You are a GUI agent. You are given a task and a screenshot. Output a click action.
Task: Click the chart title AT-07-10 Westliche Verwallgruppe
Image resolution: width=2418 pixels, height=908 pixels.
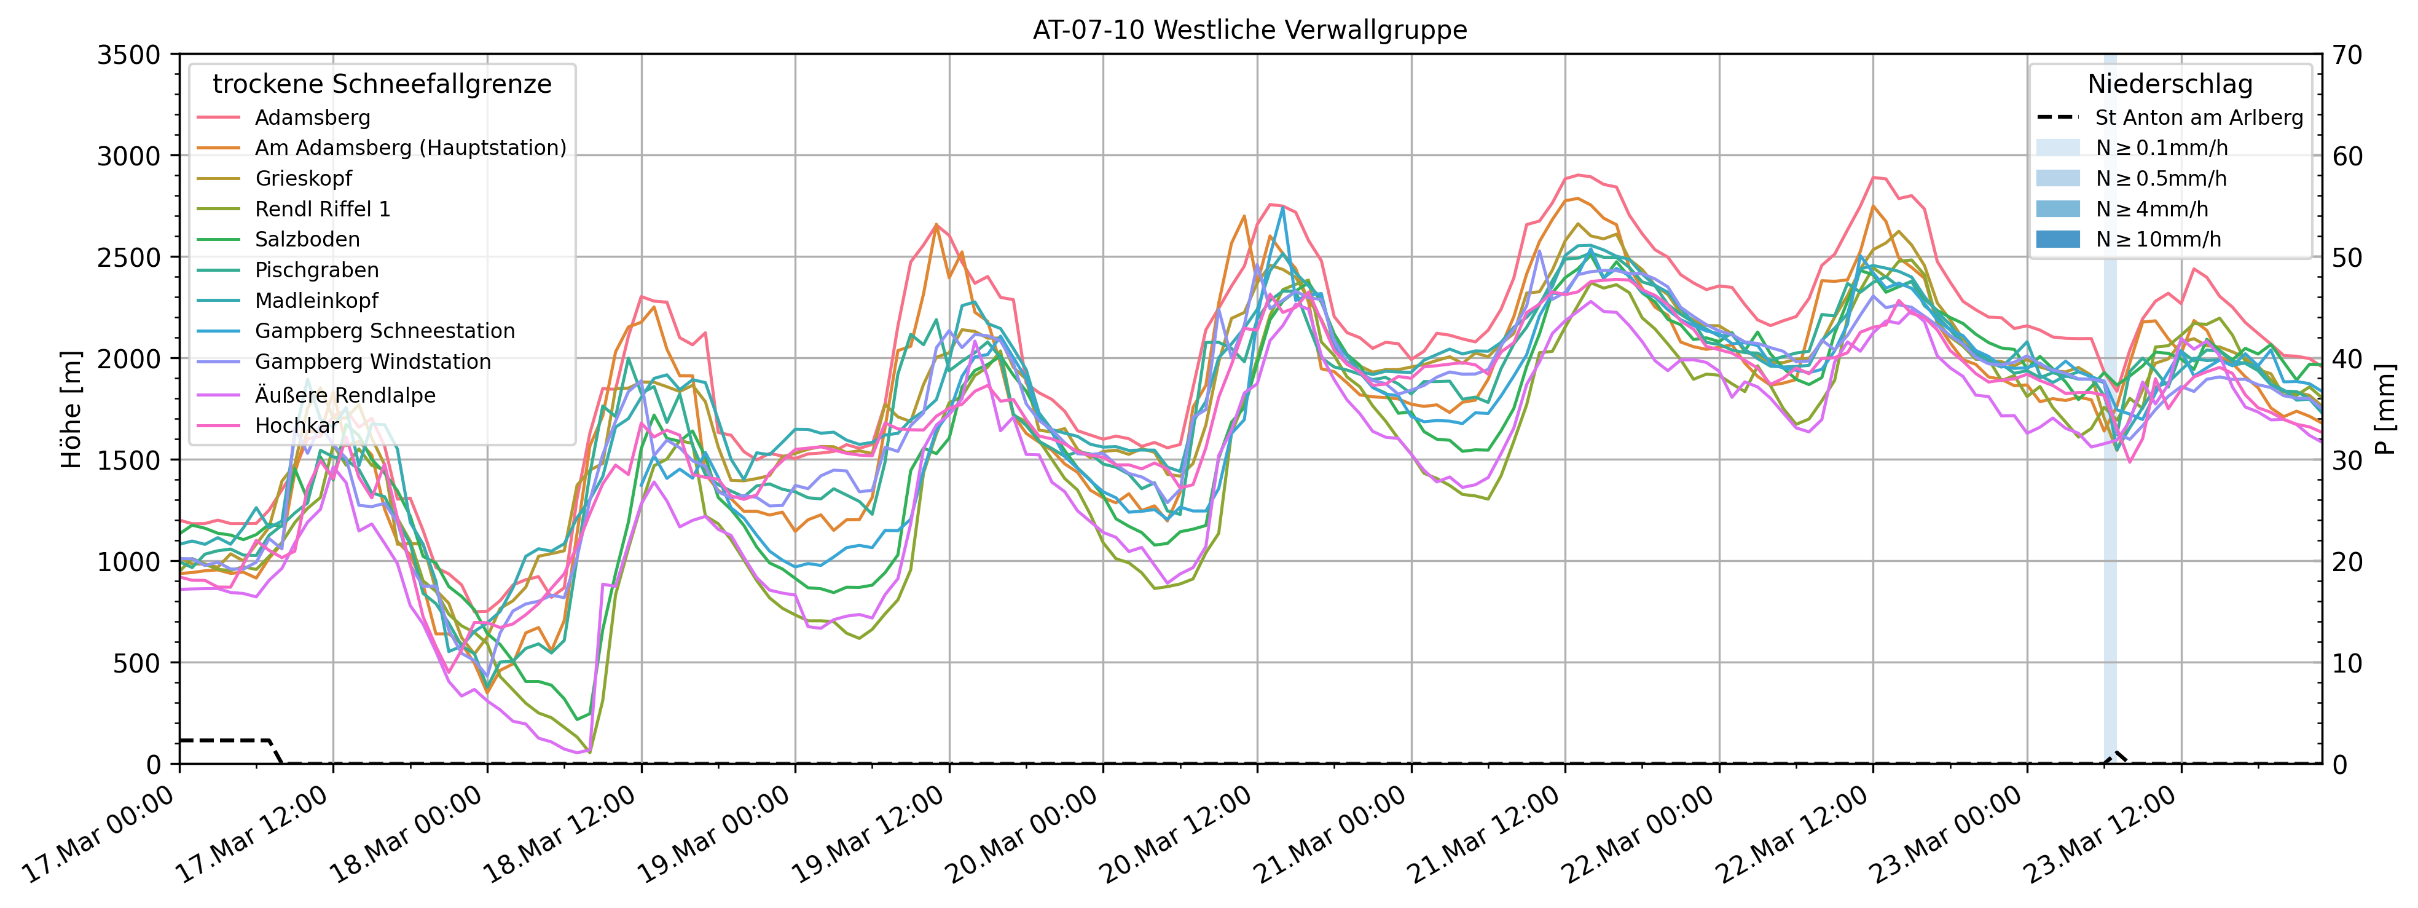click(1249, 30)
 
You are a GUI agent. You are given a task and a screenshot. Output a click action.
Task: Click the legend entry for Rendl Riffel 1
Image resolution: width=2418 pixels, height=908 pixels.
click(322, 208)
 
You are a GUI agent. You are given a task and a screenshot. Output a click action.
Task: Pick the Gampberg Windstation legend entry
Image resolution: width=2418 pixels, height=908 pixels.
click(372, 361)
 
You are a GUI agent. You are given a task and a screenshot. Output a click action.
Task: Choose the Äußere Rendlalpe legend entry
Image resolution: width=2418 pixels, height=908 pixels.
click(345, 395)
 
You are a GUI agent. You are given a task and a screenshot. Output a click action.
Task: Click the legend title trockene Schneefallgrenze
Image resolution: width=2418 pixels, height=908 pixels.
click(382, 84)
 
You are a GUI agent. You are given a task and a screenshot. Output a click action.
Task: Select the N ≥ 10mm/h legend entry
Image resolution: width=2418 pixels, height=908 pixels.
click(2158, 239)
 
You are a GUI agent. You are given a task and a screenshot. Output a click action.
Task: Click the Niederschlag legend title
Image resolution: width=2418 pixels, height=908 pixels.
click(2169, 84)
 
